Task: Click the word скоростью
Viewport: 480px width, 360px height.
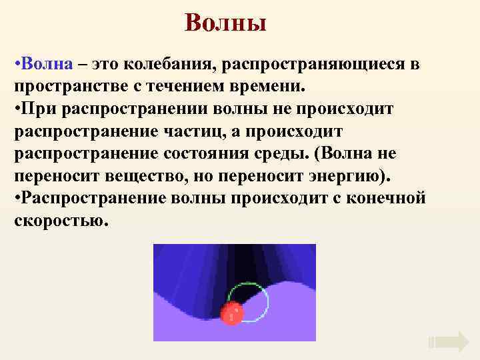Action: coord(59,221)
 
